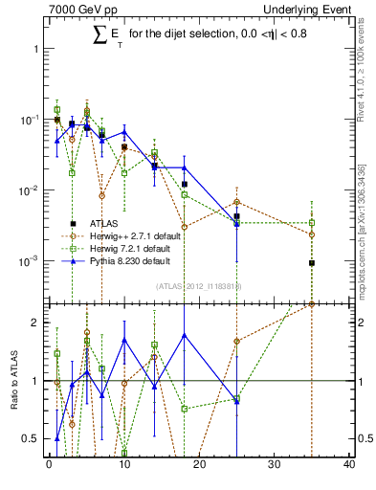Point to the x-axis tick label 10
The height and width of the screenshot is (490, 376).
(x=123, y=466)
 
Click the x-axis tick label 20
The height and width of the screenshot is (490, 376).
(x=199, y=466)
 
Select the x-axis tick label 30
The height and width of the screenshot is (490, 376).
(x=274, y=466)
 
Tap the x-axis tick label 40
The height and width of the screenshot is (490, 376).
(x=348, y=466)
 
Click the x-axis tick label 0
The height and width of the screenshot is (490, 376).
(x=49, y=466)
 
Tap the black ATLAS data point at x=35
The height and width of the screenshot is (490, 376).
(x=311, y=263)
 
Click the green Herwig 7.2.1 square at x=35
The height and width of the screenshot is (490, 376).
(x=311, y=223)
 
